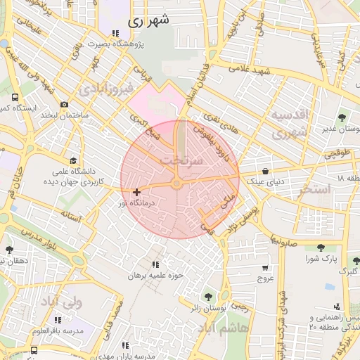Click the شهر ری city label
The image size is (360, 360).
150,21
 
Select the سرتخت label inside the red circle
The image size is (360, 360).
181,161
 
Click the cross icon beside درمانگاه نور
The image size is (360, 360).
136,192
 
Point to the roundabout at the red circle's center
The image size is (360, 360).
176,184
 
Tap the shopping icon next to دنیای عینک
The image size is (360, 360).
265,171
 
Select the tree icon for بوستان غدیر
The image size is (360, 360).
342,117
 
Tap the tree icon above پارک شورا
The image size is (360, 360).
321,247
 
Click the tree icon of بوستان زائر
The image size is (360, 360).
207,296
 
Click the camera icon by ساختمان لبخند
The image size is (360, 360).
64,104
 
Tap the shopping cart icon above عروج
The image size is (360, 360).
264,268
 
